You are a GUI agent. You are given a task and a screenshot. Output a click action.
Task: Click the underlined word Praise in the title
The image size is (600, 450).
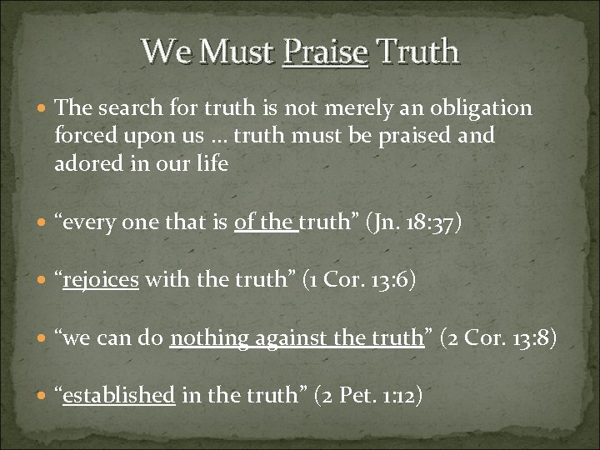click(x=325, y=52)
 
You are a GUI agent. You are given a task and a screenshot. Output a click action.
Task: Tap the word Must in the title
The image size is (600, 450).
click(x=237, y=52)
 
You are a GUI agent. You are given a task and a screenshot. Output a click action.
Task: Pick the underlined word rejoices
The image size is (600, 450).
click(x=101, y=281)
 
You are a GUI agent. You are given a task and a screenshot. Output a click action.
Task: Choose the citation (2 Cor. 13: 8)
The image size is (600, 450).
click(x=502, y=338)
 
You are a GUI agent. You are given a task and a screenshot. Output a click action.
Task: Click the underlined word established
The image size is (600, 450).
click(x=118, y=395)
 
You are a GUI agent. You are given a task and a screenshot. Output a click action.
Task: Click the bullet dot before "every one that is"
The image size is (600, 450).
click(x=43, y=224)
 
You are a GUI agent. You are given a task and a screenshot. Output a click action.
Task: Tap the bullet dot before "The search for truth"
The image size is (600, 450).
click(x=43, y=108)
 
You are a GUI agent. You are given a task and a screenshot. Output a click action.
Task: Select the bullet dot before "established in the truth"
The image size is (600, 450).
click(x=43, y=396)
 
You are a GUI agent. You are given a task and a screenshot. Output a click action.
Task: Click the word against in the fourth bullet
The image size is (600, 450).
click(x=277, y=338)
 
